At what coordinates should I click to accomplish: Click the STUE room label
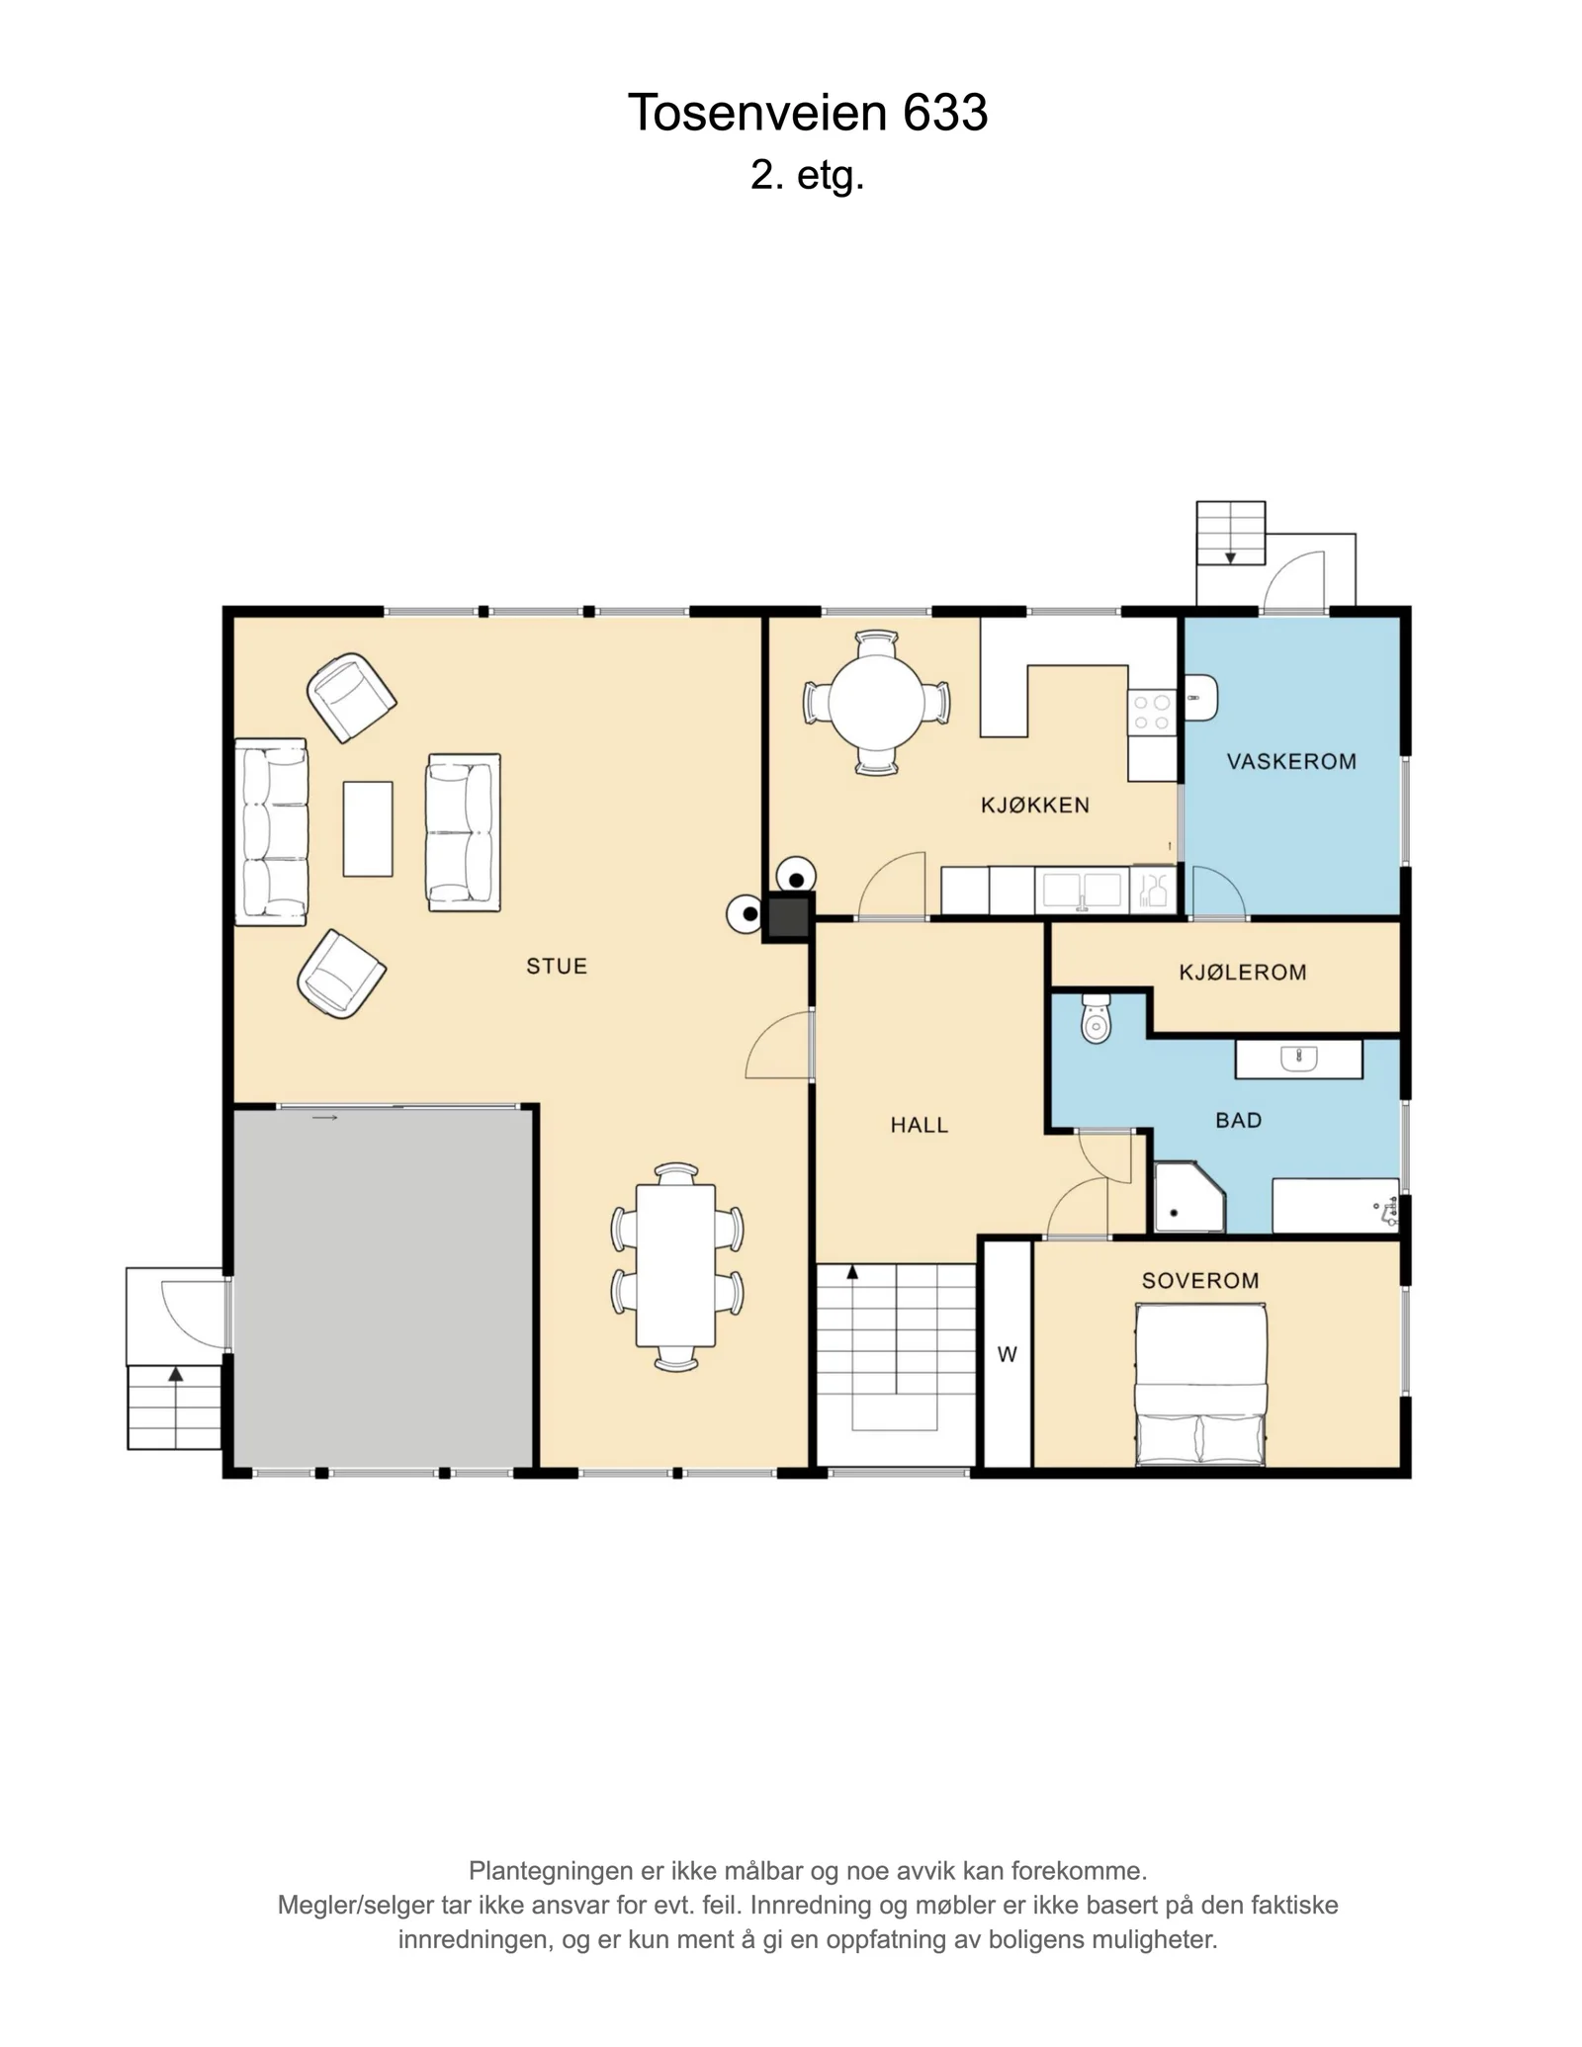click(x=557, y=966)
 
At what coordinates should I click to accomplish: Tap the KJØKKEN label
click(x=1035, y=805)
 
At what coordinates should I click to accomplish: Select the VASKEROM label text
click(x=1291, y=761)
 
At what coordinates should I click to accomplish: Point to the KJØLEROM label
click(x=1243, y=972)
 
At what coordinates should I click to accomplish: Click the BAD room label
click(x=1238, y=1120)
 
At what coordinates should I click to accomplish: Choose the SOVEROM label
click(x=1200, y=1280)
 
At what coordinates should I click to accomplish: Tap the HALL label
click(x=919, y=1124)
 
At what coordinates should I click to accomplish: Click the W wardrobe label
click(x=1007, y=1354)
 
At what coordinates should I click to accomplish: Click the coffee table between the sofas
click(x=368, y=828)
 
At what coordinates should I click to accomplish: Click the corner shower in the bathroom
click(x=1189, y=1197)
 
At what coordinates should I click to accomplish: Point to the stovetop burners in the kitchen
click(x=1152, y=713)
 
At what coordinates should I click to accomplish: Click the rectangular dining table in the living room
click(x=675, y=1265)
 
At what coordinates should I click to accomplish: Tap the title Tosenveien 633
click(x=808, y=113)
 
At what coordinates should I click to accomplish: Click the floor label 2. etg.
click(x=808, y=176)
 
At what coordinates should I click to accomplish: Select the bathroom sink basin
click(x=1298, y=1059)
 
